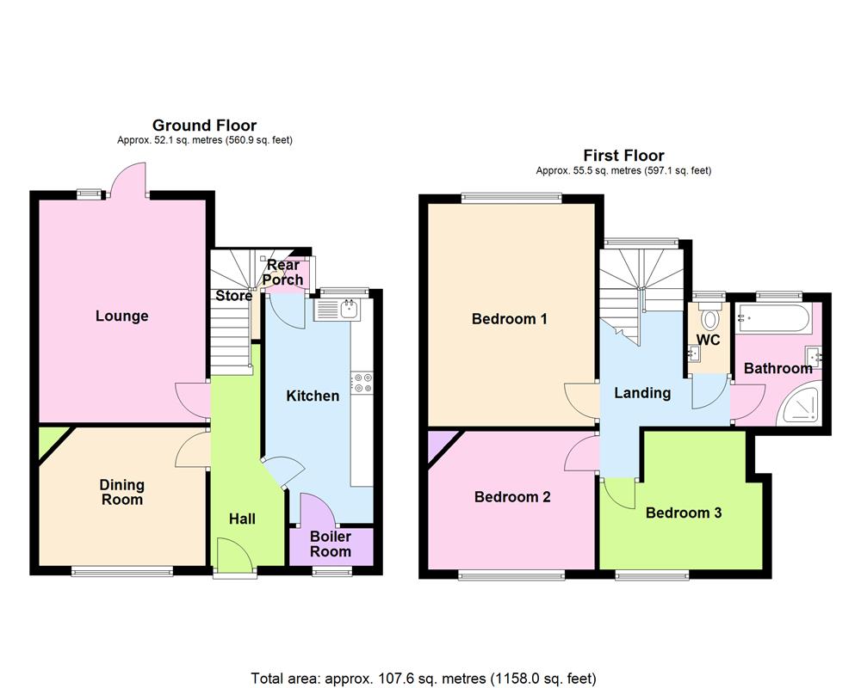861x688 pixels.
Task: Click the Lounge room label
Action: click(121, 316)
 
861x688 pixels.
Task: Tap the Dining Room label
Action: click(121, 492)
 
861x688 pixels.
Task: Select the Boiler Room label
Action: click(331, 544)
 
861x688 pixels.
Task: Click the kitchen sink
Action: click(349, 309)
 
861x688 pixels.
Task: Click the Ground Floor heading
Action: click(204, 126)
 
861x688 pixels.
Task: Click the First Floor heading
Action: click(623, 156)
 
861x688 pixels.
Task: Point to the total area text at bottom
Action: click(424, 678)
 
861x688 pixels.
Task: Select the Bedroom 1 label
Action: click(510, 319)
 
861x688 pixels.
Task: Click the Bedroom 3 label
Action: click(684, 513)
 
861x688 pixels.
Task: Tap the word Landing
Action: click(642, 393)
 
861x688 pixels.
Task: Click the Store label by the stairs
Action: click(233, 296)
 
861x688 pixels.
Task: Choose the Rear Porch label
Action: click(283, 272)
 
